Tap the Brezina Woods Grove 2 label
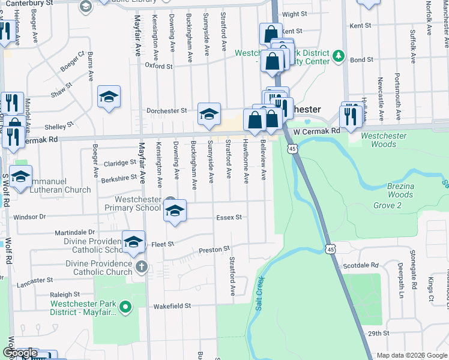point(400,196)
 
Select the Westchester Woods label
point(384,140)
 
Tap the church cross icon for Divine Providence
point(142,266)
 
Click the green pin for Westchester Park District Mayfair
point(125,308)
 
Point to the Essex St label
point(229,217)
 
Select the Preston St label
point(215,248)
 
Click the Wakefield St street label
point(171,305)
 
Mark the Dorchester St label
point(167,111)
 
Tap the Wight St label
point(294,14)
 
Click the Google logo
point(20,353)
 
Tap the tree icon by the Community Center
point(339,56)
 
